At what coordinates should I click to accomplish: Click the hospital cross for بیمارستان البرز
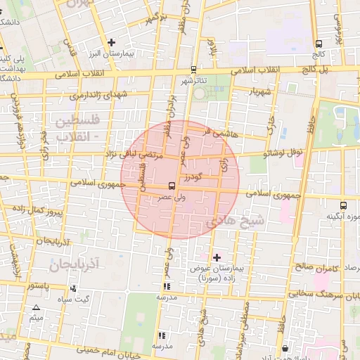coord(112,43)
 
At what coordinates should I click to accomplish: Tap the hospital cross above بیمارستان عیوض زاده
coord(217,257)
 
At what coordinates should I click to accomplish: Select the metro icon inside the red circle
coord(172,186)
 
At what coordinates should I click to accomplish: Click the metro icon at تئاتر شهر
coord(193,70)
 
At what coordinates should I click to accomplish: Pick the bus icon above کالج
coord(320,42)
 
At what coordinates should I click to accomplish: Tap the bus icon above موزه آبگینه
coord(343,205)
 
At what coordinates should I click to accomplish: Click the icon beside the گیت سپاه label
coord(74,288)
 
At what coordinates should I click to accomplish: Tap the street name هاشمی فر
coord(215,131)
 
